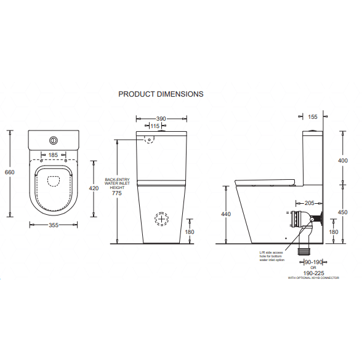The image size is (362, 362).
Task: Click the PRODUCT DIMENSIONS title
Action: (161, 94)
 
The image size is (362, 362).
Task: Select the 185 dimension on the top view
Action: (53, 156)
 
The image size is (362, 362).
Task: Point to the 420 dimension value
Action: (94, 188)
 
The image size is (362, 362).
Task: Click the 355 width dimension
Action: (53, 225)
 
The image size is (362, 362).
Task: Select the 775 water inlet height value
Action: (116, 194)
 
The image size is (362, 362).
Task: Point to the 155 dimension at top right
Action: (312, 116)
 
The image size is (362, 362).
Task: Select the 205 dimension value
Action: (309, 203)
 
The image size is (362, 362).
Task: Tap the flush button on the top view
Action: (53, 139)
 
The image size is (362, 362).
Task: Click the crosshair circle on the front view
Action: (161, 219)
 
